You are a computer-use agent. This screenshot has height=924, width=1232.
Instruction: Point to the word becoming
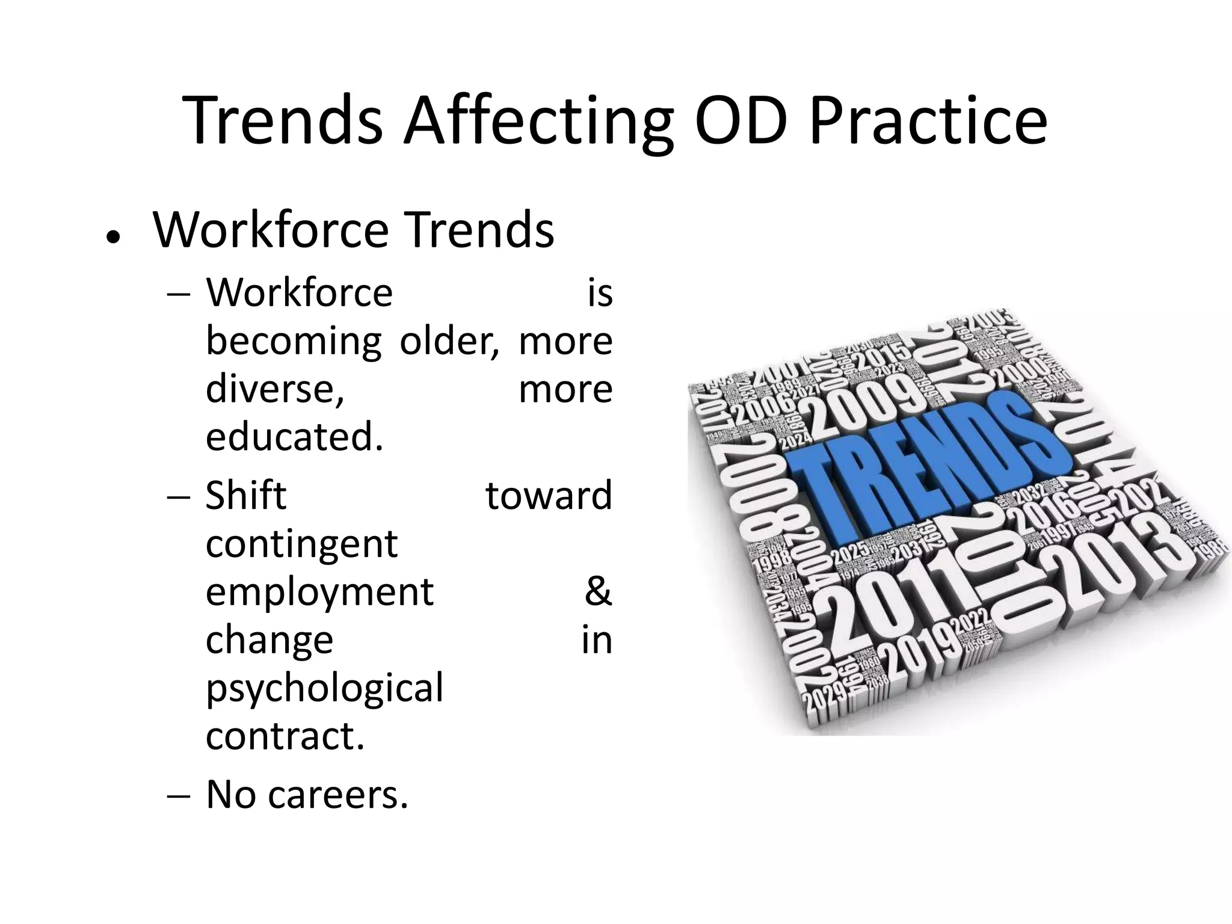tap(293, 342)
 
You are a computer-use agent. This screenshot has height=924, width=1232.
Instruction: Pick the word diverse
tap(275, 389)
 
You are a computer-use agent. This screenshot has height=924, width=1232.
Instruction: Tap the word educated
tap(294, 437)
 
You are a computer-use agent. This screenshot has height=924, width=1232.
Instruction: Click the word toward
tap(549, 496)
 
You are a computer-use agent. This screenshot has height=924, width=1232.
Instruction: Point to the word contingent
tap(301, 544)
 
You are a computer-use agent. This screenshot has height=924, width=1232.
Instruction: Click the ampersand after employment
tap(598, 592)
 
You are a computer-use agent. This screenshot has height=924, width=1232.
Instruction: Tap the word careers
tap(338, 795)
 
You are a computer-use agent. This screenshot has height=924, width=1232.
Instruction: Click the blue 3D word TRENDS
tap(926, 463)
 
